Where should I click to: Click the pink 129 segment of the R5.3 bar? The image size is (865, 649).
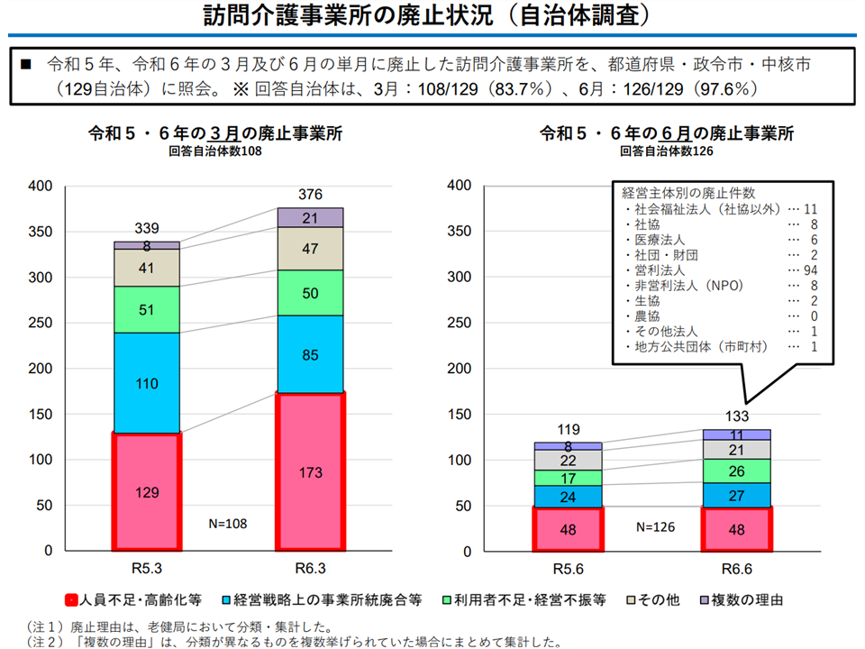tap(148, 491)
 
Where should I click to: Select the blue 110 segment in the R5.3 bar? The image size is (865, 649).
tap(148, 382)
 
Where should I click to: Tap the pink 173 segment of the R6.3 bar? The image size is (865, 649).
tap(311, 471)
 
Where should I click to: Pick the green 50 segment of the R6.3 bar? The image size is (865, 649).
tap(311, 293)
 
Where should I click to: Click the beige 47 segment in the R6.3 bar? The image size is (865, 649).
tap(311, 249)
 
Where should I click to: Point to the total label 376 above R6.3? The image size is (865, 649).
tap(311, 195)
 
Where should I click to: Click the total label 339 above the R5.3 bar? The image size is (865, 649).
tap(148, 228)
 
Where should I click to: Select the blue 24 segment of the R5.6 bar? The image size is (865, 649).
tap(567, 496)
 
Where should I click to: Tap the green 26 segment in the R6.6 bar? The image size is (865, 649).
tap(737, 471)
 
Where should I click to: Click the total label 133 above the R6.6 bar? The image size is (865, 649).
tap(737, 416)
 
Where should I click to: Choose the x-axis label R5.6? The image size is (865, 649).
tap(567, 569)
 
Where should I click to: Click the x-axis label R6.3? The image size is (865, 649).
tap(311, 569)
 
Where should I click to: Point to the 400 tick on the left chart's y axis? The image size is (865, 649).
tap(42, 186)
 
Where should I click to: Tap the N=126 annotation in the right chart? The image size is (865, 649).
tap(656, 526)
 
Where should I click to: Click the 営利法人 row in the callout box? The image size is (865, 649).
tap(658, 270)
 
